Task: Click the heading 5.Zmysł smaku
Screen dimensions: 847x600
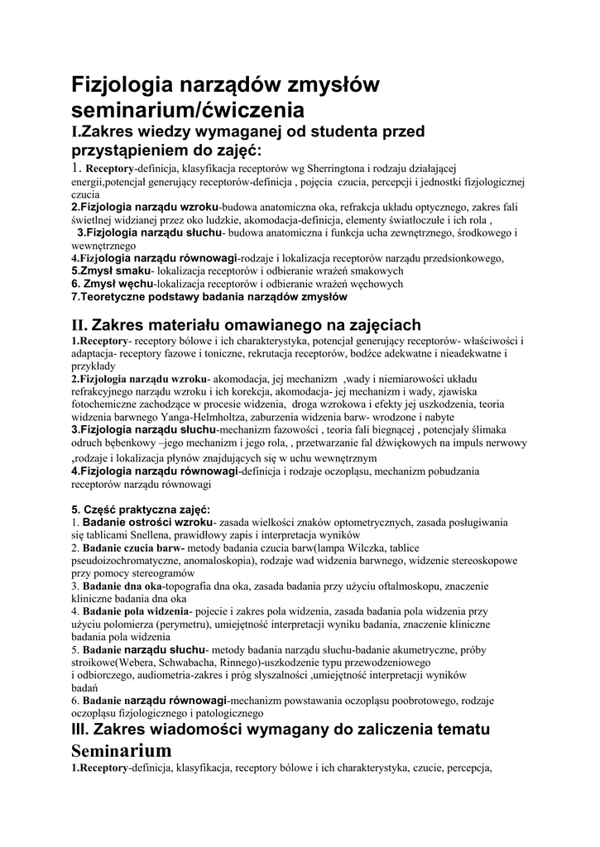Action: click(111, 270)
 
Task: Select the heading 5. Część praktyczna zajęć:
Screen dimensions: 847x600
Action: click(141, 509)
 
